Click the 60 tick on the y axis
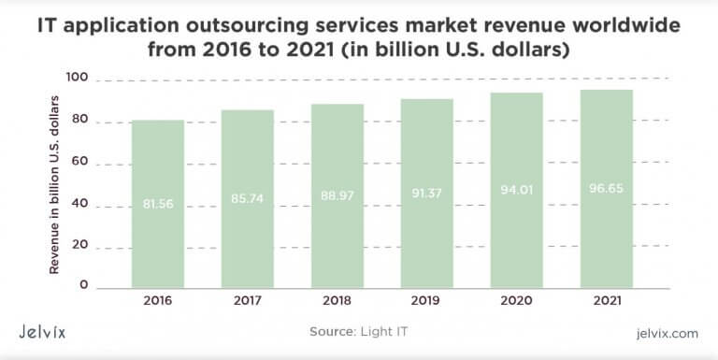click(79, 162)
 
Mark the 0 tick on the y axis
click(83, 284)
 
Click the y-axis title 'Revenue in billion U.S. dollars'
click(54, 182)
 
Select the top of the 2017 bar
click(247, 111)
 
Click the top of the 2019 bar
click(426, 100)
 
